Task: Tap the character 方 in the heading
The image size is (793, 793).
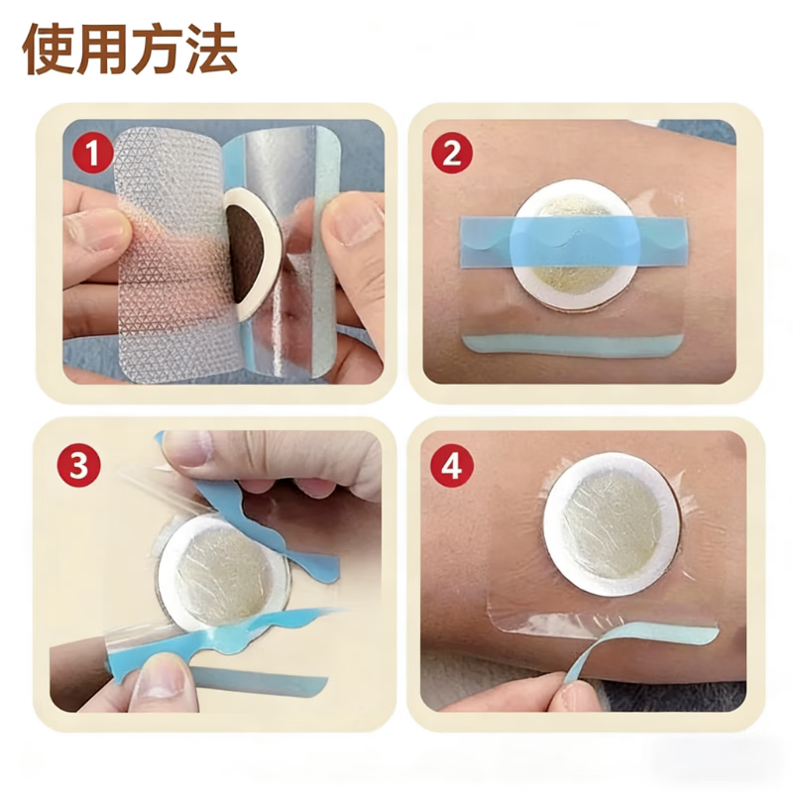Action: (x=157, y=49)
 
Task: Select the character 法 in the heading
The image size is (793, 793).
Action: (x=211, y=49)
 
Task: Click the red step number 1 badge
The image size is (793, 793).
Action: (x=92, y=153)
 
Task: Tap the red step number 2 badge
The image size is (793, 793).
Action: (x=452, y=153)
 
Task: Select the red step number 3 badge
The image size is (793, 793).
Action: (x=79, y=466)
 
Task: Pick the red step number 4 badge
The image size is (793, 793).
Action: (x=452, y=466)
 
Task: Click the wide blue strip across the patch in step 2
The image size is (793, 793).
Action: (x=575, y=241)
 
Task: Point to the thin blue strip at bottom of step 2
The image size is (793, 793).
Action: (x=574, y=346)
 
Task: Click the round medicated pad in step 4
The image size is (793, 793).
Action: (x=612, y=524)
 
